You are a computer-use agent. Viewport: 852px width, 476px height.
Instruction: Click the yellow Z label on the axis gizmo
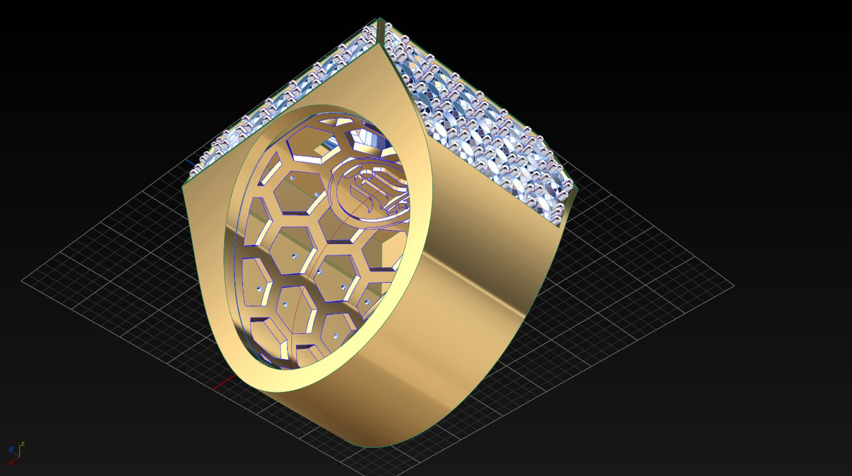click(23, 444)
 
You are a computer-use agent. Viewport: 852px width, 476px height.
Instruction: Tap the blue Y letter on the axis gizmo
click(11, 448)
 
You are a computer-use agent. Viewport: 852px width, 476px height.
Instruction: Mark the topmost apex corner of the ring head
click(379, 19)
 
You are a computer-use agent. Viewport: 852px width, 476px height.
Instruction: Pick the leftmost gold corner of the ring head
click(183, 186)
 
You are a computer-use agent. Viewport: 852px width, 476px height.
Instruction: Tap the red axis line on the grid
click(224, 382)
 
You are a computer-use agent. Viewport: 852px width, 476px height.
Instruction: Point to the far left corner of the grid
click(22, 280)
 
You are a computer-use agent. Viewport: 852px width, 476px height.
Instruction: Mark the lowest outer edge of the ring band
click(373, 446)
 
